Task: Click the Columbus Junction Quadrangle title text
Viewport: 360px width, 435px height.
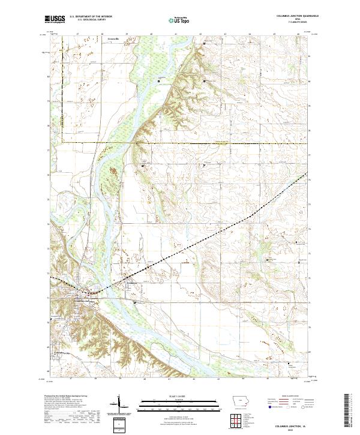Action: [x=292, y=16]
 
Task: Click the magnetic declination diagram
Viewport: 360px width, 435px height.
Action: [x=119, y=405]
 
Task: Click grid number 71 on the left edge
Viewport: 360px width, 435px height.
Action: [x=49, y=298]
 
